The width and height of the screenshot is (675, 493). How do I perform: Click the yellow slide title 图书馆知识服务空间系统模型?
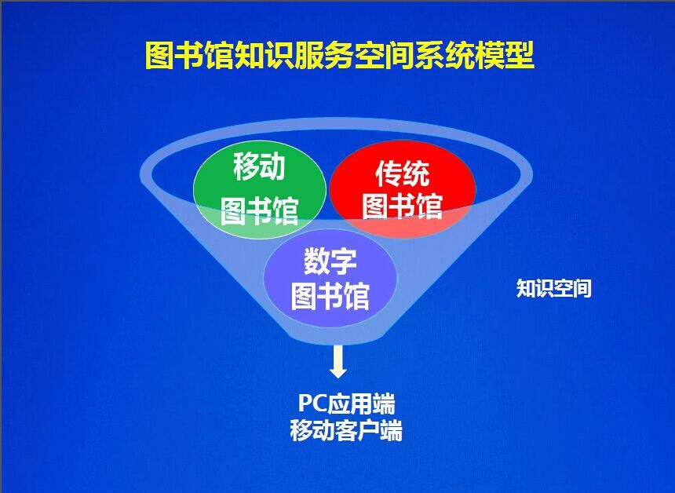click(x=339, y=56)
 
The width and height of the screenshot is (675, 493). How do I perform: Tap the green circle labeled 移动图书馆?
click(x=259, y=190)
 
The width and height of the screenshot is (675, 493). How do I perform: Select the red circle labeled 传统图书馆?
click(x=403, y=189)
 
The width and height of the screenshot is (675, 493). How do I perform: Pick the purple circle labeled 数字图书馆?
click(x=330, y=278)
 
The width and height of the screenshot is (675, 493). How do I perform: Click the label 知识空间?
click(x=553, y=288)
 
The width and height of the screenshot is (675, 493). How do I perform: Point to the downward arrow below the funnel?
click(x=338, y=362)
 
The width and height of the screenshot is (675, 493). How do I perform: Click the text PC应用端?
click(x=346, y=404)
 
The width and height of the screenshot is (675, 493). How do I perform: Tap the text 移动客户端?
click(x=346, y=430)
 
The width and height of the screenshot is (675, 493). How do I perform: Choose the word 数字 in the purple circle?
click(x=330, y=261)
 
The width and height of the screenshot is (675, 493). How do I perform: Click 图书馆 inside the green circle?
click(x=259, y=210)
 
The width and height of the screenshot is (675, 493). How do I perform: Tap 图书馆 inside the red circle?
click(x=403, y=206)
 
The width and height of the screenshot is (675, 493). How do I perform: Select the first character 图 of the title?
click(x=159, y=56)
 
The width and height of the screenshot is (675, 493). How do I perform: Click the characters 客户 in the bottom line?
click(x=357, y=430)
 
